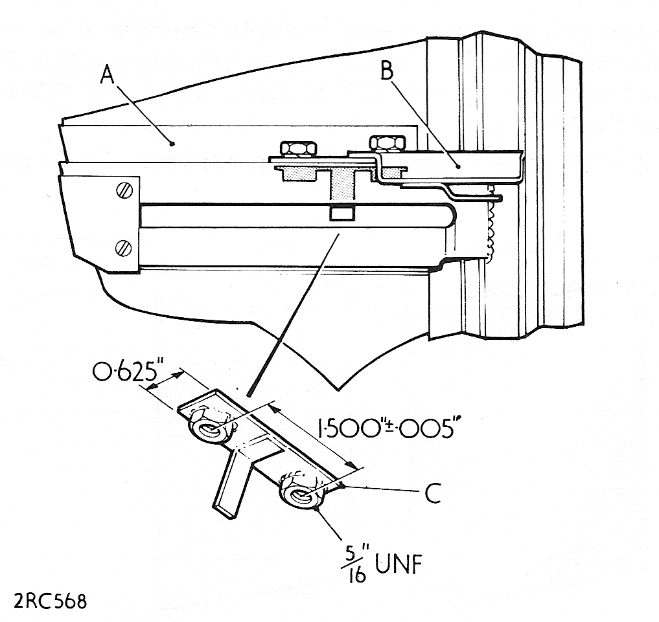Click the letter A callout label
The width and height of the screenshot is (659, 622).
pyautogui.click(x=107, y=76)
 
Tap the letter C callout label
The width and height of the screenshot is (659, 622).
pyautogui.click(x=432, y=493)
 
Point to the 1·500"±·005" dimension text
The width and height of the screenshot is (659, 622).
pyautogui.click(x=386, y=427)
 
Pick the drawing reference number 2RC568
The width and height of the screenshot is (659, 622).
pyautogui.click(x=51, y=601)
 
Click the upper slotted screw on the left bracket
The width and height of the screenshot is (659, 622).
pyautogui.click(x=124, y=191)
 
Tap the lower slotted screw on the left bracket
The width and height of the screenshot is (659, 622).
pyautogui.click(x=123, y=247)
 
